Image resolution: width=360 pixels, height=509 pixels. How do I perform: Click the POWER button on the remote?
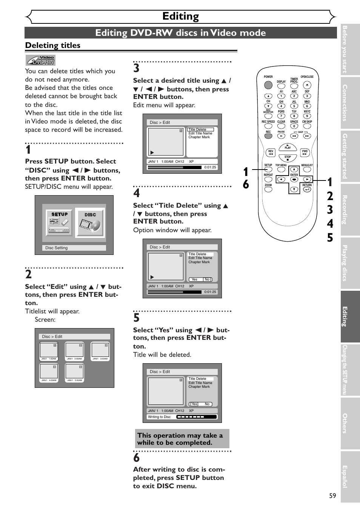(x=268, y=85)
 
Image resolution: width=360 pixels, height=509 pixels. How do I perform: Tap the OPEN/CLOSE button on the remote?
(x=307, y=85)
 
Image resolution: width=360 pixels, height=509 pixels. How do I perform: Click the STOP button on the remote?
(x=288, y=158)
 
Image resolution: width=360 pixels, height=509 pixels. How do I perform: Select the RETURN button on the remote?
(x=307, y=189)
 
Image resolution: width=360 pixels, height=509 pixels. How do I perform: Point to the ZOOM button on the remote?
(x=268, y=190)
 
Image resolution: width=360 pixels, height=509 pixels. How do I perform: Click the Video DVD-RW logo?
(x=40, y=60)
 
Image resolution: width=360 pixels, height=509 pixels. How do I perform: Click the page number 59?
(x=332, y=495)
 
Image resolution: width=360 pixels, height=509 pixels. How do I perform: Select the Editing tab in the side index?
(x=350, y=316)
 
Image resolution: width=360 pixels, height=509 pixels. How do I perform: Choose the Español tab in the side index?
(x=350, y=477)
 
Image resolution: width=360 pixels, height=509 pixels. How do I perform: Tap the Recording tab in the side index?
(x=350, y=210)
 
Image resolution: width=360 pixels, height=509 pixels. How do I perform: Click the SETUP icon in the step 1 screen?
(x=60, y=222)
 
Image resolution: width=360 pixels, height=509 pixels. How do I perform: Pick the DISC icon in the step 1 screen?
(x=90, y=222)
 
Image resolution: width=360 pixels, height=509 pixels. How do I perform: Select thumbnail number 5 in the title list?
(x=75, y=371)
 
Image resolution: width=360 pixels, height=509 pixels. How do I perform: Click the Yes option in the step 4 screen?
(x=194, y=279)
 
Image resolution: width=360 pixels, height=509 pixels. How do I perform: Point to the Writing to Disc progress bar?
(x=197, y=417)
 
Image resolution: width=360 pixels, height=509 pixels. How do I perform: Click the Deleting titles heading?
(x=53, y=45)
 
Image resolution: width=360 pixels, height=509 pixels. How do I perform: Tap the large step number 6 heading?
(x=137, y=458)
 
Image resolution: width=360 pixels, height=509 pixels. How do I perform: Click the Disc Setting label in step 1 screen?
(x=57, y=248)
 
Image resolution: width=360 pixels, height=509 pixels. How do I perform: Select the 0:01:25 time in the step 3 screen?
(x=210, y=167)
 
